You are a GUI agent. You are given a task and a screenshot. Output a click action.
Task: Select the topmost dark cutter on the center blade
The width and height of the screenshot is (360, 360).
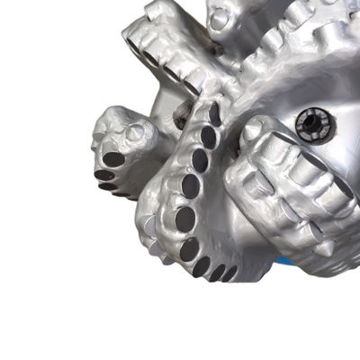pyautogui.click(x=214, y=115)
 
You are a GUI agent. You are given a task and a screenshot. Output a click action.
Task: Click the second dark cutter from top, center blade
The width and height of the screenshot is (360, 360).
pyautogui.click(x=208, y=137)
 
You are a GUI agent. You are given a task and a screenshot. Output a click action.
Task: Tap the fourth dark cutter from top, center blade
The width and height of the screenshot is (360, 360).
pyautogui.click(x=190, y=187)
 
